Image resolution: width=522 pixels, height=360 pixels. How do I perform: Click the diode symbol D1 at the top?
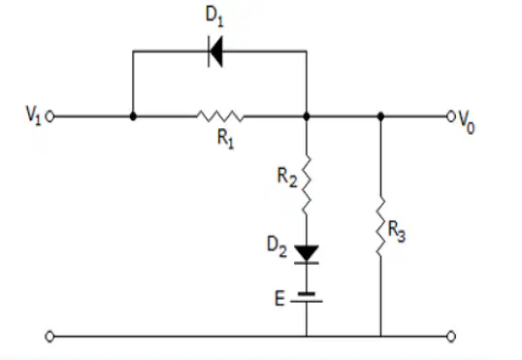pos(215,51)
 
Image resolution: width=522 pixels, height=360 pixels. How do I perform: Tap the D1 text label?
pos(214,16)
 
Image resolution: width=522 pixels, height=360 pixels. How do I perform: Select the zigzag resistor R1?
pos(220,115)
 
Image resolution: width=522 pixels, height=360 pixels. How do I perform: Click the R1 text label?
pos(226,139)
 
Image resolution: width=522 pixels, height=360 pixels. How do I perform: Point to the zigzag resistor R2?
pos(307,184)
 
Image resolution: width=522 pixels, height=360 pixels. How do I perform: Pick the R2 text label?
pos(287,178)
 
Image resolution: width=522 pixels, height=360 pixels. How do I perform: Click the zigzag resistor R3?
pos(381,226)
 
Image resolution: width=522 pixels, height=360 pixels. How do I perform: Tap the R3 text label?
pos(397,232)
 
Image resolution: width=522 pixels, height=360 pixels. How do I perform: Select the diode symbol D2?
pos(307,255)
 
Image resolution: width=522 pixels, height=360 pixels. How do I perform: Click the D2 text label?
pos(277,246)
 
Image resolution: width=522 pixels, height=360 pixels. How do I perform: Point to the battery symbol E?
pos(307,297)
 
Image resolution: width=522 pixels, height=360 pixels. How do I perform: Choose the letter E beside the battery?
pos(279,298)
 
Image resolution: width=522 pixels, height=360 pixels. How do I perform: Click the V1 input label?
pos(34,115)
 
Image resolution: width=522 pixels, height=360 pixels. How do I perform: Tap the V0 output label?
pos(467,122)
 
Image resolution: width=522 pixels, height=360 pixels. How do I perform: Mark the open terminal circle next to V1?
pos(49,116)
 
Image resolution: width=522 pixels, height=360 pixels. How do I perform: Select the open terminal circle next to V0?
pos(451,116)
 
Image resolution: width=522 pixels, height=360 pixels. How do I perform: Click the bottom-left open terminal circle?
pos(49,337)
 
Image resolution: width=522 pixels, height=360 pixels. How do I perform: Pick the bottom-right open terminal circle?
pos(451,337)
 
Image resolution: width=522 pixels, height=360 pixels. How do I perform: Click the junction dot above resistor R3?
pos(381,116)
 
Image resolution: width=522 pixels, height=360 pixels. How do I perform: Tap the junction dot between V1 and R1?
pos(133,116)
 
